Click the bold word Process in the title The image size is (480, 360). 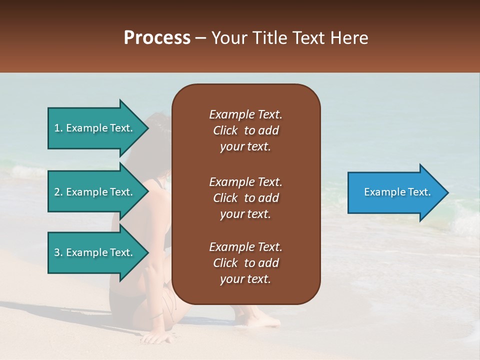coord(157,38)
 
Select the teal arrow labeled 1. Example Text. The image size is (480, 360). coord(95,128)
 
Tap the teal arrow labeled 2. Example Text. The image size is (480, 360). coord(95,192)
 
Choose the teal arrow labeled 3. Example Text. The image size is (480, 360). coord(95,252)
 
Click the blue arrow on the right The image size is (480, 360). coord(395,192)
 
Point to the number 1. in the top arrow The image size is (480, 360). coord(58,128)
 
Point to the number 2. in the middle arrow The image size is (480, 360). coord(58,192)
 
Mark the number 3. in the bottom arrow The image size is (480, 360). coord(58,252)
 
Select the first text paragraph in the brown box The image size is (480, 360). coord(245,130)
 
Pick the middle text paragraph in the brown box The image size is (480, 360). coord(245,198)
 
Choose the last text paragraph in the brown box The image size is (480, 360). coord(245,263)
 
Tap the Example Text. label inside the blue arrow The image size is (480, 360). coord(397,192)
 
